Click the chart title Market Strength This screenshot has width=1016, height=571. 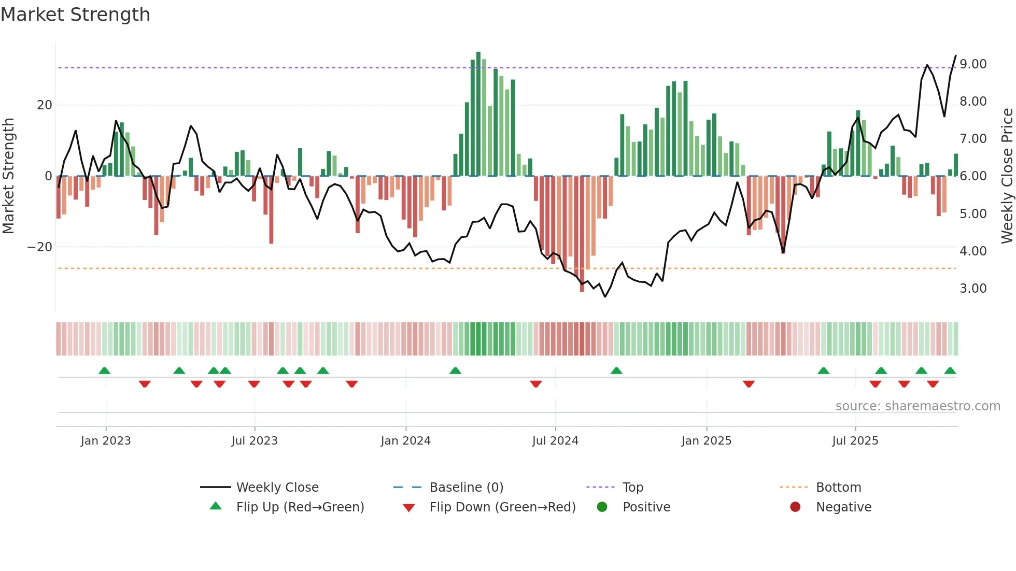pyautogui.click(x=75, y=15)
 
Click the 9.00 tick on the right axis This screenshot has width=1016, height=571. pyautogui.click(x=972, y=64)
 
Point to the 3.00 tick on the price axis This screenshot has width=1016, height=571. pyautogui.click(x=972, y=289)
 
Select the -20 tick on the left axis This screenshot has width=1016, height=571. pyautogui.click(x=40, y=247)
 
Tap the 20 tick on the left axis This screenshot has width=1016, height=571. pyautogui.click(x=45, y=105)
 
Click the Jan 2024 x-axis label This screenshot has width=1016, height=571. pyautogui.click(x=405, y=441)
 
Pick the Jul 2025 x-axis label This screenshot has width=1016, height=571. pyautogui.click(x=855, y=441)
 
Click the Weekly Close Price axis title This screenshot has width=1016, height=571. pyautogui.click(x=1007, y=176)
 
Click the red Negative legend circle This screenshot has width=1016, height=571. pyautogui.click(x=795, y=507)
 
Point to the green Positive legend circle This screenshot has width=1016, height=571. pyautogui.click(x=602, y=507)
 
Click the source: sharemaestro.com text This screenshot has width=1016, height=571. pyautogui.click(x=918, y=406)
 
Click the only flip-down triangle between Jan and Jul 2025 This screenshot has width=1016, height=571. pyautogui.click(x=749, y=384)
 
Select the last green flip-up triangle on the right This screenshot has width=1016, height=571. pyautogui.click(x=950, y=371)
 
